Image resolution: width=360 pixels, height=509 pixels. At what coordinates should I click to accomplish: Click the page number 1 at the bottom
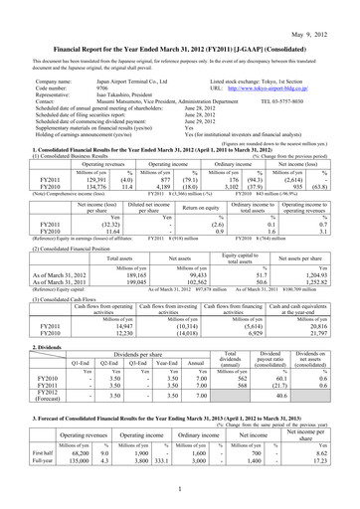click(x=179, y=489)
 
